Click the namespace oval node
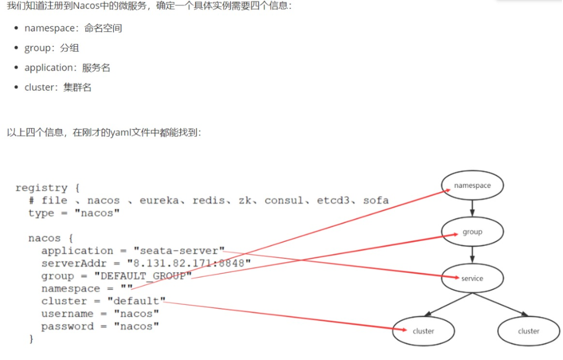(472, 186)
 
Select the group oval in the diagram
(472, 232)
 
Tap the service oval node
(472, 278)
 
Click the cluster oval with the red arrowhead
(424, 331)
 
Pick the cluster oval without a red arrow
(529, 331)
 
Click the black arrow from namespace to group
(472, 208)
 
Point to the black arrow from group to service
(472, 255)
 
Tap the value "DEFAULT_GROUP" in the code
(143, 276)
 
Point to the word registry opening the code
(41, 188)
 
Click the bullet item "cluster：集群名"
(58, 87)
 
